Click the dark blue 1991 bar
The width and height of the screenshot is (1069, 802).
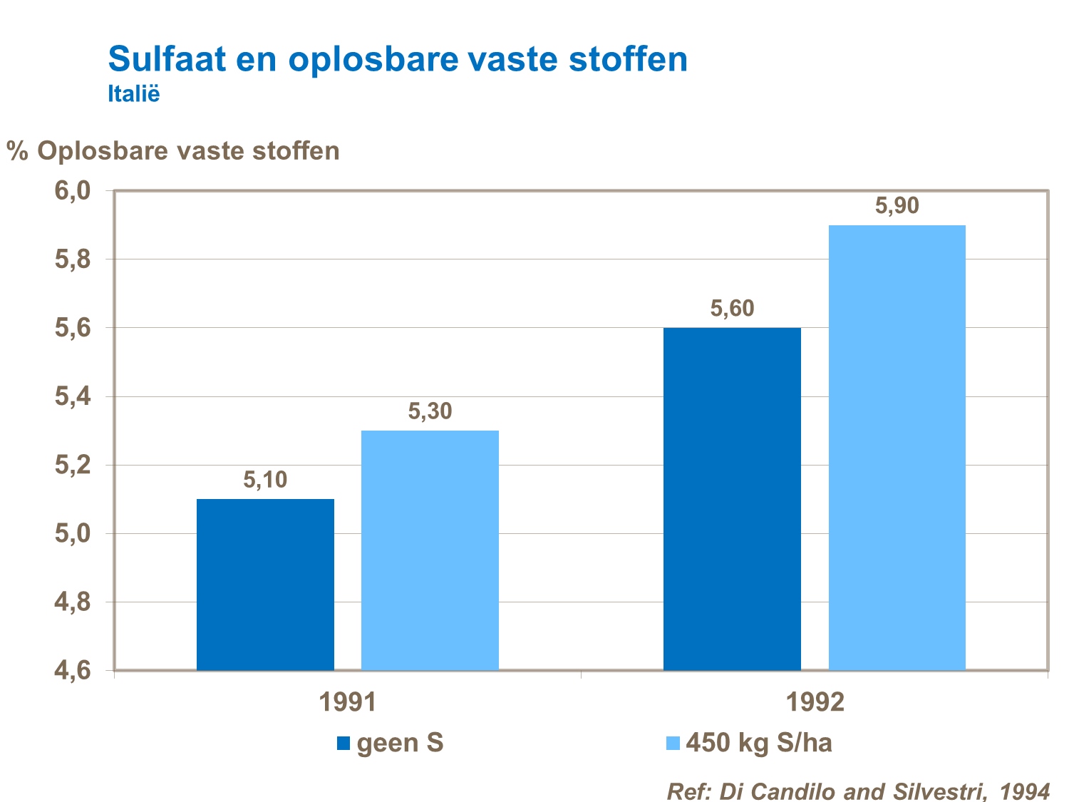click(265, 585)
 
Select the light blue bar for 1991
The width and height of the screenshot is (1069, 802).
click(430, 550)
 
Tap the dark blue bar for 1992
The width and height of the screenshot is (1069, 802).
click(732, 499)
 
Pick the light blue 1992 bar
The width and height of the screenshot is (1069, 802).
click(897, 448)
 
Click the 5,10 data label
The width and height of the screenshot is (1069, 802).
click(265, 480)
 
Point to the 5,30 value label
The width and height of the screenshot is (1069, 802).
click(430, 411)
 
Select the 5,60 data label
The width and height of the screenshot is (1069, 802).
click(732, 309)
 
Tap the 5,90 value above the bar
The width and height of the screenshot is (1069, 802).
click(897, 206)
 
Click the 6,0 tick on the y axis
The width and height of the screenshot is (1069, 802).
click(73, 191)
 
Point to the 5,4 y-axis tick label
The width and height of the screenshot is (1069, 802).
click(73, 397)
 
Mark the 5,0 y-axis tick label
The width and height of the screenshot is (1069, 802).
click(73, 534)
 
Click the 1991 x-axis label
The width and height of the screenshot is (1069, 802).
click(347, 703)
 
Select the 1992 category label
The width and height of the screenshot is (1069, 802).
click(815, 703)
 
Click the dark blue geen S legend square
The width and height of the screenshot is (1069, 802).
click(344, 744)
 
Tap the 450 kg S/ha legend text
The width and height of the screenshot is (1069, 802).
click(759, 743)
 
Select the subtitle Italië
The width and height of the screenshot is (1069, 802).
click(134, 94)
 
